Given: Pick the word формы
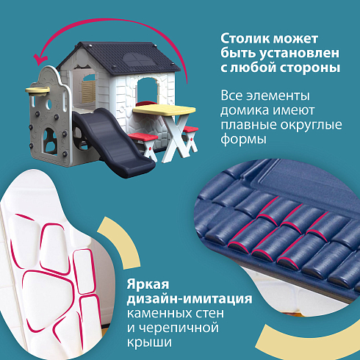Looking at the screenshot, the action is click(x=243, y=140).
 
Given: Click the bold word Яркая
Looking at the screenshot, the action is click(x=148, y=284).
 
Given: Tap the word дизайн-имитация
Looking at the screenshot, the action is click(x=190, y=299).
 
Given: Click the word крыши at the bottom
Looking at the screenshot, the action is click(x=149, y=342).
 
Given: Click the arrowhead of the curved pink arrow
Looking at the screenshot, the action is click(x=40, y=60).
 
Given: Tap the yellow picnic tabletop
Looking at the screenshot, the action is click(x=164, y=109).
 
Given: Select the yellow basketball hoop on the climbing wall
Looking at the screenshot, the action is click(x=37, y=90).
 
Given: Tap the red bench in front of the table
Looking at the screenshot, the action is click(x=143, y=137).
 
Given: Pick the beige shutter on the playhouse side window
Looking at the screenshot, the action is click(x=88, y=92).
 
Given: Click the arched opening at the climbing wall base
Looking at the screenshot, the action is click(x=50, y=141).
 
